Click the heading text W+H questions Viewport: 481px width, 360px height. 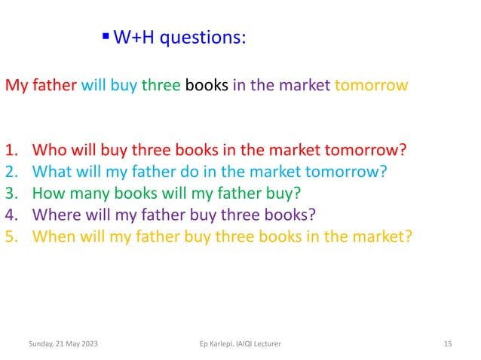coord(179,38)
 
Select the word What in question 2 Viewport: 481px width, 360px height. coord(54,170)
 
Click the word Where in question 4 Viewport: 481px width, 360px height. coord(57,214)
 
